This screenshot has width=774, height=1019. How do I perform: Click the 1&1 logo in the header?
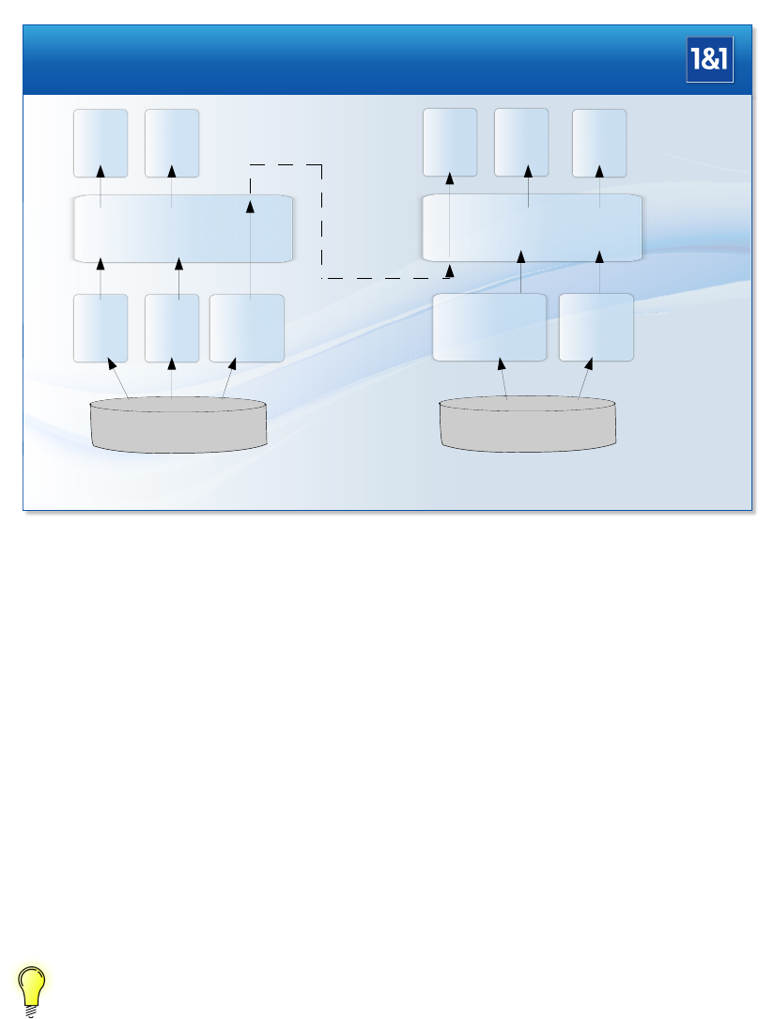(x=709, y=60)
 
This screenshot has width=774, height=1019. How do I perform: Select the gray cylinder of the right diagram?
(x=528, y=425)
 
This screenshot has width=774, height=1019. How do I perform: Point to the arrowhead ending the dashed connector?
(x=449, y=271)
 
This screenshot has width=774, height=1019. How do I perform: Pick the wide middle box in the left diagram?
(x=183, y=228)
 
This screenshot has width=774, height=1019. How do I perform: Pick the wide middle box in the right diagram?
(x=533, y=228)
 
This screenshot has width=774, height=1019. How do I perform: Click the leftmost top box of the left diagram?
(x=101, y=143)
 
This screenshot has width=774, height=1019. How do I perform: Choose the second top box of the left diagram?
(x=172, y=143)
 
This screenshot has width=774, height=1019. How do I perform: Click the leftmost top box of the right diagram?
(x=450, y=143)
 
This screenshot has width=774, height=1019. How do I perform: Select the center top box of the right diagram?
(x=521, y=143)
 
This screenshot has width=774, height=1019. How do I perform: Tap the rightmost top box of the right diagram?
(x=599, y=143)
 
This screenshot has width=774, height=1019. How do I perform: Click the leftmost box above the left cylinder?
(x=101, y=328)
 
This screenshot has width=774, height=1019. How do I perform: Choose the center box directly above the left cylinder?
(x=172, y=328)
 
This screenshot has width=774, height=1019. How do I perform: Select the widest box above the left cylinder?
(x=246, y=328)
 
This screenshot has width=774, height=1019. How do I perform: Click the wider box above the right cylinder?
(x=489, y=327)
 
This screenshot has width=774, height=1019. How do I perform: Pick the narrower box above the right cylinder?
(x=596, y=327)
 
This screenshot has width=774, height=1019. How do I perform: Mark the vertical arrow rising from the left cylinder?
(x=171, y=380)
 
